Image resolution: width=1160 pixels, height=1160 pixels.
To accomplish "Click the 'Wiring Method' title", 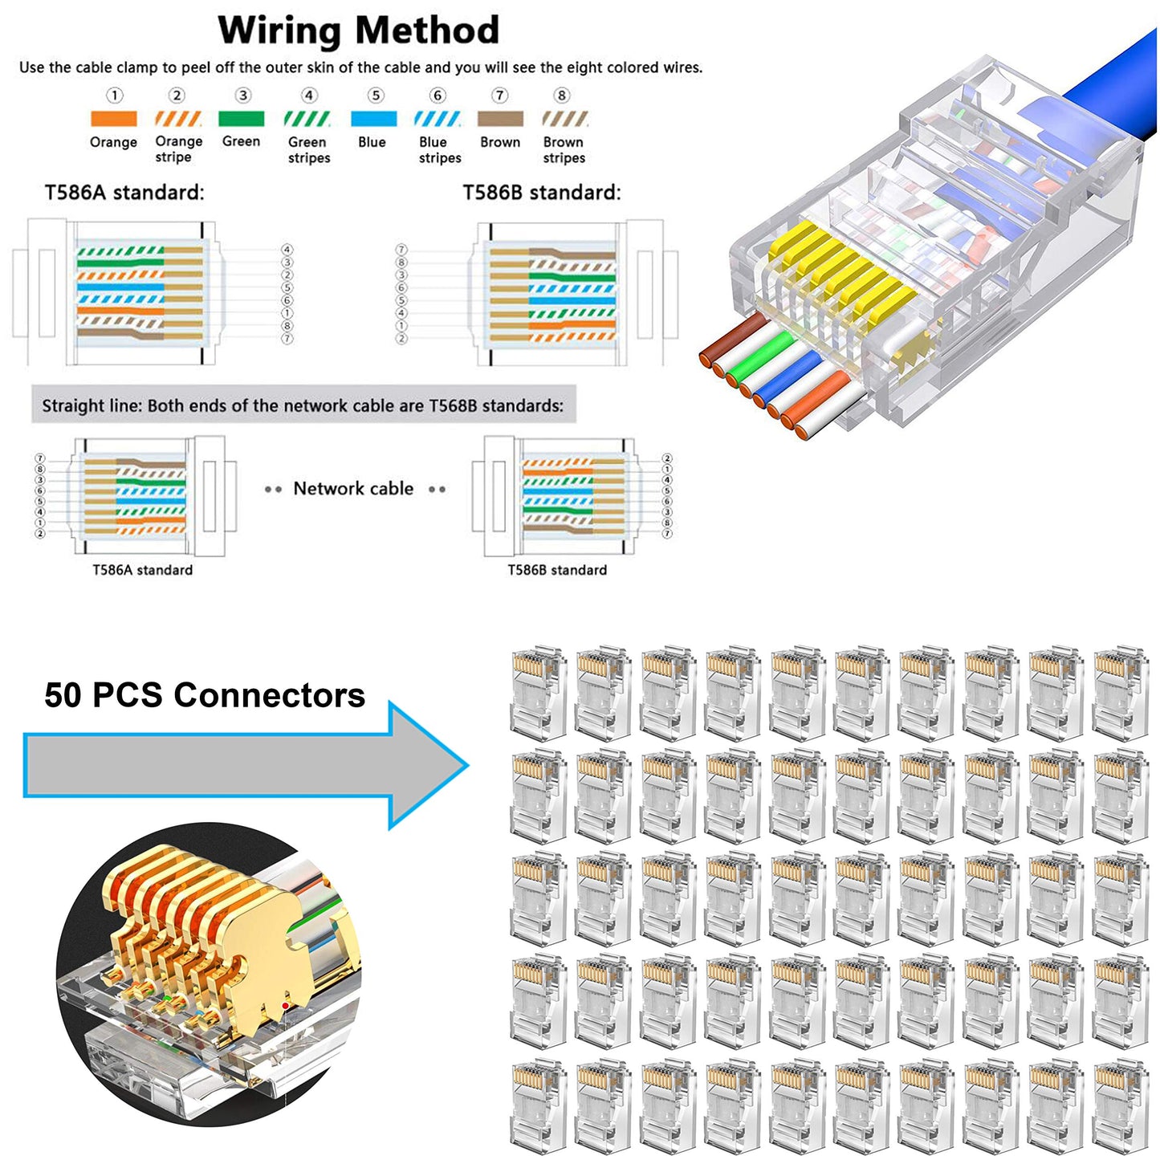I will click(x=358, y=31).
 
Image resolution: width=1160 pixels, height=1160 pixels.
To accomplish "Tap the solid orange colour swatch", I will click(x=113, y=119).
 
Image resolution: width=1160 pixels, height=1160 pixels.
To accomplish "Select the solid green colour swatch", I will click(x=241, y=119).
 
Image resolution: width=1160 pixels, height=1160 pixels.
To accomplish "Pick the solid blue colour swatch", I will click(x=373, y=119).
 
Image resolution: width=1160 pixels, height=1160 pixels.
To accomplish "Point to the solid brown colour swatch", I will click(x=500, y=119).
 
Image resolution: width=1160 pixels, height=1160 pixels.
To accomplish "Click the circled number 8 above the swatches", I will click(x=562, y=96).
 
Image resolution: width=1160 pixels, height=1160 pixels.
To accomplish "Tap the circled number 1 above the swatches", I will click(x=115, y=96).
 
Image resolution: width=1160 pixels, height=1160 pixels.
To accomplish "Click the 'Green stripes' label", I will click(x=309, y=150).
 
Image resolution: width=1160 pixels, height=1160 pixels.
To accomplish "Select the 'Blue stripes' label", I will click(x=440, y=150).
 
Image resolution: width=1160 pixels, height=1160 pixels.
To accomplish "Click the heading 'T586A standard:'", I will click(x=124, y=193).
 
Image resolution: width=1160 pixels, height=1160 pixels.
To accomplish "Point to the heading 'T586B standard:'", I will click(x=542, y=193).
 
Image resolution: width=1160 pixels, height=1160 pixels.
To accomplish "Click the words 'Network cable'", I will click(x=353, y=488).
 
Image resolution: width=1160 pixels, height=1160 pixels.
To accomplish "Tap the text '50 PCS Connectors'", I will click(x=205, y=695).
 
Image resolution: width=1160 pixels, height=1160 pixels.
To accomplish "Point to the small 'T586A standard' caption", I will click(x=142, y=570).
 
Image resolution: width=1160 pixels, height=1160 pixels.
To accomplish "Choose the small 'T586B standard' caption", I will click(x=557, y=570).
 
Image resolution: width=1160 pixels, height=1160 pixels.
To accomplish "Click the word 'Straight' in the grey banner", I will click(x=71, y=406).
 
